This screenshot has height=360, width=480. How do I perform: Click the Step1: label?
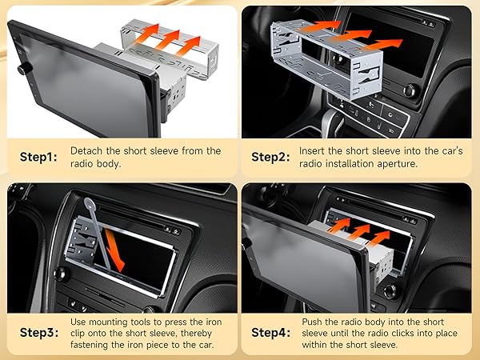[38, 156]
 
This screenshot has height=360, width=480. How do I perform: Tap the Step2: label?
[270, 156]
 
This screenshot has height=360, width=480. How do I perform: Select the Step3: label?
[38, 332]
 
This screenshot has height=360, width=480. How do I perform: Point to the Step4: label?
[270, 332]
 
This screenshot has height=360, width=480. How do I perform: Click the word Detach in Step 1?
[86, 150]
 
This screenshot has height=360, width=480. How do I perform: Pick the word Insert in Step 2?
[314, 150]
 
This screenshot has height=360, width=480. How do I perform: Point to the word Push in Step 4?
[314, 320]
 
